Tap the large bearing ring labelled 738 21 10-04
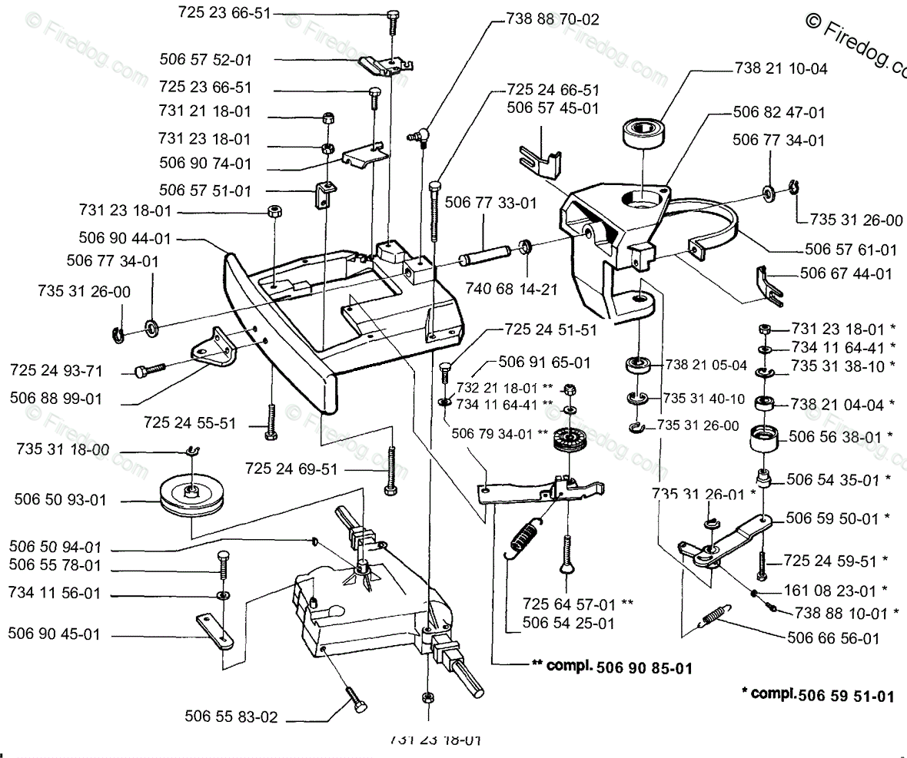pyautogui.click(x=645, y=134)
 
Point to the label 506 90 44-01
pyautogui.click(x=125, y=239)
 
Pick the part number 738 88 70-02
pyautogui.click(x=553, y=19)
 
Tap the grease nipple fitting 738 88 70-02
pyautogui.click(x=417, y=137)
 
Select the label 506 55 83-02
pyautogui.click(x=231, y=717)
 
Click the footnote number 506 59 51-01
pyautogui.click(x=846, y=697)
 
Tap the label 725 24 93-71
pyautogui.click(x=57, y=370)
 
